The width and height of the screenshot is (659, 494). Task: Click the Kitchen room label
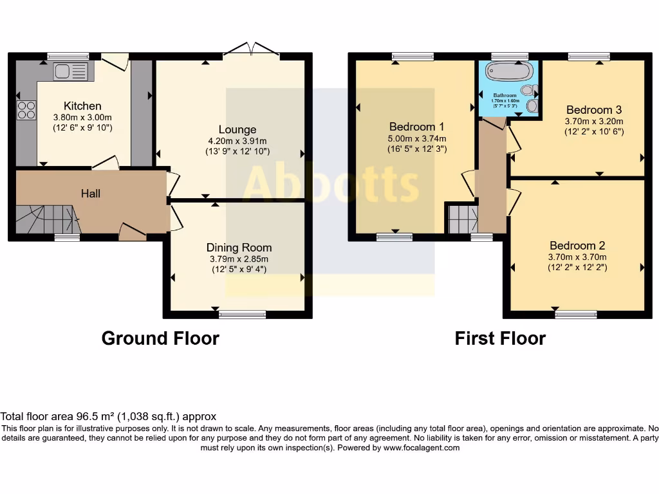click(x=82, y=106)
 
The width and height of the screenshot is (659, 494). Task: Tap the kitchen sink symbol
click(x=71, y=71)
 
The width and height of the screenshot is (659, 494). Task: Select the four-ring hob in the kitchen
click(x=26, y=111)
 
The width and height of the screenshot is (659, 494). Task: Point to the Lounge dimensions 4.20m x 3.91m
click(x=237, y=141)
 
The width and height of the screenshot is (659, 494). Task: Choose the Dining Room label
click(x=239, y=248)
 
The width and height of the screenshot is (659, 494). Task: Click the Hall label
click(x=91, y=193)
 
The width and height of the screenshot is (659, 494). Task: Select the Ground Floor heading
click(x=160, y=338)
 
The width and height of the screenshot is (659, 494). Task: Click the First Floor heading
click(x=500, y=338)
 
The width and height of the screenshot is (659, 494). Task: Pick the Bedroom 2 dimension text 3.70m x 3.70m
click(x=577, y=257)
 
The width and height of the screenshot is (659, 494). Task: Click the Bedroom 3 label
click(x=593, y=110)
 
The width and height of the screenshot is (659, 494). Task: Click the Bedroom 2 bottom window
click(x=576, y=314)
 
